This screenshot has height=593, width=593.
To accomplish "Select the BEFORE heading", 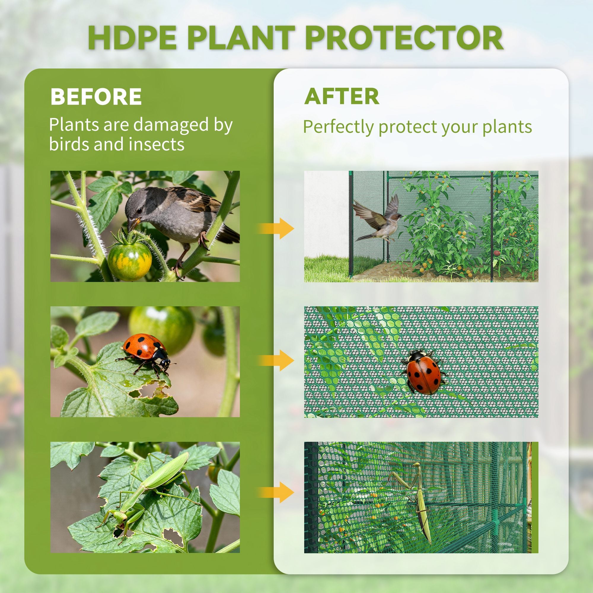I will (x=96, y=96).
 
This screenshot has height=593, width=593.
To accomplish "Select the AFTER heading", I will (x=342, y=96).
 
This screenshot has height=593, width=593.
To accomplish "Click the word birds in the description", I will (x=69, y=144).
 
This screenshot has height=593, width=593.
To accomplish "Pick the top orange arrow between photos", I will (x=276, y=228).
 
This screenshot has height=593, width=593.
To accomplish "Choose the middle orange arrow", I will (x=276, y=360).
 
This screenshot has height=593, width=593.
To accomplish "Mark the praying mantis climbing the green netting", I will (x=417, y=498).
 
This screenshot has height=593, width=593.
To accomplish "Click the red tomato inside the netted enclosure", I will (x=496, y=253).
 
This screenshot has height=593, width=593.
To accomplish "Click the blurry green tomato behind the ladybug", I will (x=162, y=325).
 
